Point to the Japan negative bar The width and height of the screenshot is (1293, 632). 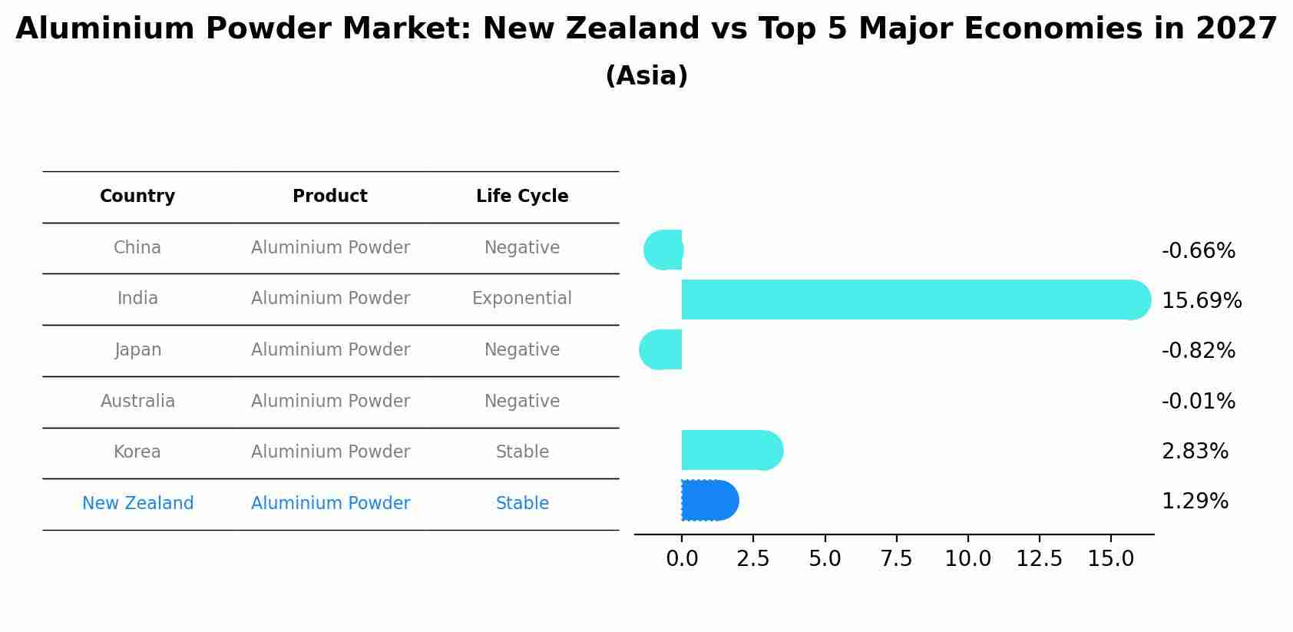661,349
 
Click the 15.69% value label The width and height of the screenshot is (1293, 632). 1202,301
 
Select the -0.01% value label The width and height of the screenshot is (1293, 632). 1198,402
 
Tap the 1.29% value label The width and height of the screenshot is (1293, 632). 1195,501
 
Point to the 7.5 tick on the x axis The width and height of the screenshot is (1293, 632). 896,559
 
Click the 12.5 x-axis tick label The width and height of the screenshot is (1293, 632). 1039,559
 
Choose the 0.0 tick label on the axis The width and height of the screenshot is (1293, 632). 682,559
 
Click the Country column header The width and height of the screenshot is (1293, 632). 137,197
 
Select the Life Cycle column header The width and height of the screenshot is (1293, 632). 522,197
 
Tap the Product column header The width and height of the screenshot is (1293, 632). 330,197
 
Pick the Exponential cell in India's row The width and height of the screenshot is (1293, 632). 522,299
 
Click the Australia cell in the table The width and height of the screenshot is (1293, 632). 137,402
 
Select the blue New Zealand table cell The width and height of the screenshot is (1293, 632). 137,504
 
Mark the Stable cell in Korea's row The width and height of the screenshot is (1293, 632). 522,452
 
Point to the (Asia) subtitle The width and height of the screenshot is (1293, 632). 646,76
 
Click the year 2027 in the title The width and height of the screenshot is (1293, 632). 1236,29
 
